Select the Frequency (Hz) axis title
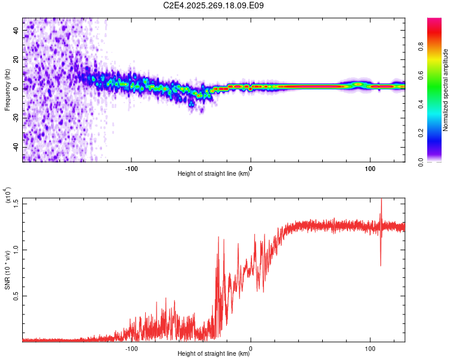pos(7,90)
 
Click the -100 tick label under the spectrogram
pos(131,168)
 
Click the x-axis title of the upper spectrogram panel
pos(214,175)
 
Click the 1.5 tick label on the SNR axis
pos(16,203)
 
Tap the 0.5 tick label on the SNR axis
pos(16,296)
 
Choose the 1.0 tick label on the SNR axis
pos(16,250)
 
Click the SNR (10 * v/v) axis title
pos(7,270)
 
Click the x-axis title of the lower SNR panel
pos(214,354)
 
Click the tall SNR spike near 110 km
pos(381,207)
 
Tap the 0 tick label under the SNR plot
pos(251,347)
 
